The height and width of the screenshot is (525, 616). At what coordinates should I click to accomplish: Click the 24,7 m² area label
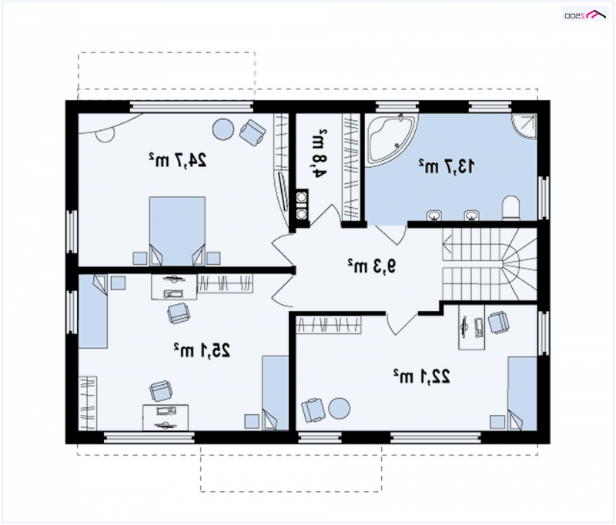point(178,160)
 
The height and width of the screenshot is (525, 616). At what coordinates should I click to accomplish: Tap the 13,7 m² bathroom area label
point(447,166)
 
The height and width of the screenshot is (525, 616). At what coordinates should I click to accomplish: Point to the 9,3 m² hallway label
point(372,266)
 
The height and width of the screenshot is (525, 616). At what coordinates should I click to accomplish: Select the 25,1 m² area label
point(202,349)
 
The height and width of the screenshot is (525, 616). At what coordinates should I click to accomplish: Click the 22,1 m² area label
point(421,376)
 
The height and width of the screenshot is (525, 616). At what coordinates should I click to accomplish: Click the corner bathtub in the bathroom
point(391,139)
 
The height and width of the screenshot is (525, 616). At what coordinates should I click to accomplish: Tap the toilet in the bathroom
point(511,208)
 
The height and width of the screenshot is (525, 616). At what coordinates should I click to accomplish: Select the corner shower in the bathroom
point(524,126)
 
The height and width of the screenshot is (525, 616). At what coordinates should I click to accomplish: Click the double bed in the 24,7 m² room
point(177,231)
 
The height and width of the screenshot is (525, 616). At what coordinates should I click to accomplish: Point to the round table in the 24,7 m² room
point(223,129)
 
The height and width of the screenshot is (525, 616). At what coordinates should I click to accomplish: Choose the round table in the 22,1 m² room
point(339,409)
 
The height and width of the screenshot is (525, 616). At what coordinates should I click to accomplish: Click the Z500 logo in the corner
point(585,15)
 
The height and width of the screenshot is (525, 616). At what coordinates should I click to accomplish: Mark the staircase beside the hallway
point(490,265)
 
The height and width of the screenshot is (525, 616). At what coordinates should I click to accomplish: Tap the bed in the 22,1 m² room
point(522,393)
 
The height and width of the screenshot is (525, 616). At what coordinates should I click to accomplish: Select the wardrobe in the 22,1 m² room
point(329,325)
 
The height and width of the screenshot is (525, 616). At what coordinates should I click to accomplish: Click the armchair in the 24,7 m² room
point(253,132)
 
